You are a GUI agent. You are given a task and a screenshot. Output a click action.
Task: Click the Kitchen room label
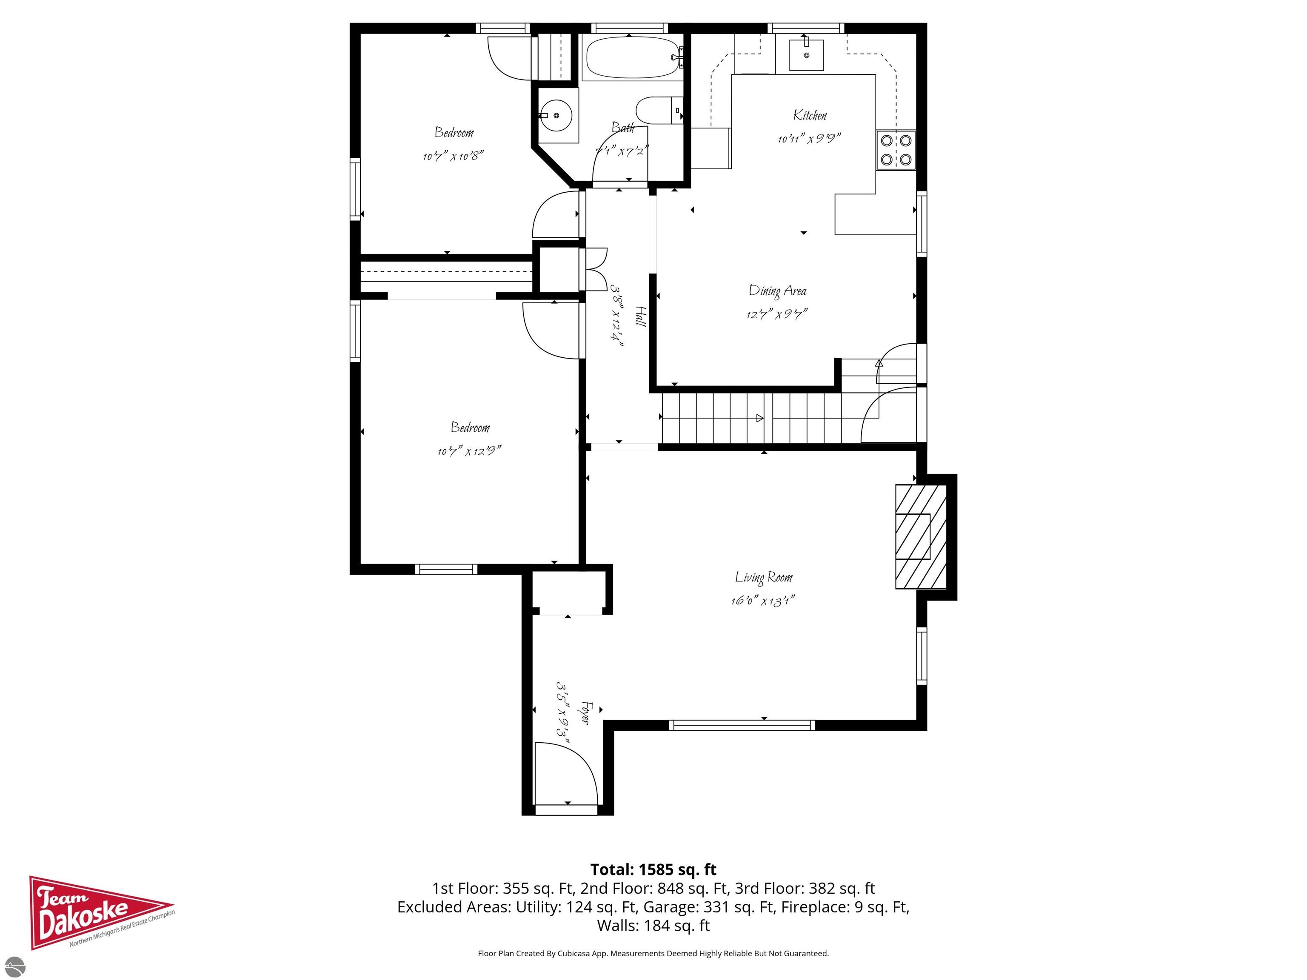(810, 115)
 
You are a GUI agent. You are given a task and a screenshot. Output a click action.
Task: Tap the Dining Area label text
(777, 291)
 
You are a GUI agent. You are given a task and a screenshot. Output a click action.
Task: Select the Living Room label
(763, 577)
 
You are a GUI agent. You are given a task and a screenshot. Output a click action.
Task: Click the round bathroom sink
(556, 116)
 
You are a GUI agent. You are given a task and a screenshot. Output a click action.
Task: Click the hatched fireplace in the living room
(921, 536)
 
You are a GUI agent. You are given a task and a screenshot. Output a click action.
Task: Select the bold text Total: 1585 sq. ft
(653, 869)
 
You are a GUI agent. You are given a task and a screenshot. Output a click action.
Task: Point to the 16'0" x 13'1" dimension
(762, 601)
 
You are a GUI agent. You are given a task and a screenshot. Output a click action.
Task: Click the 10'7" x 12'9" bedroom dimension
(469, 451)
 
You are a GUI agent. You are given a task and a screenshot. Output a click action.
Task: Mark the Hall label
(640, 316)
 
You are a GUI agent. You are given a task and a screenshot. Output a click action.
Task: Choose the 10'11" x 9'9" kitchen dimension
(809, 139)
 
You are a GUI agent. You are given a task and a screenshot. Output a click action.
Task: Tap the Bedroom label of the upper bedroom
(454, 132)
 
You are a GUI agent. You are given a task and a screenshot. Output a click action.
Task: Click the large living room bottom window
(742, 725)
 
